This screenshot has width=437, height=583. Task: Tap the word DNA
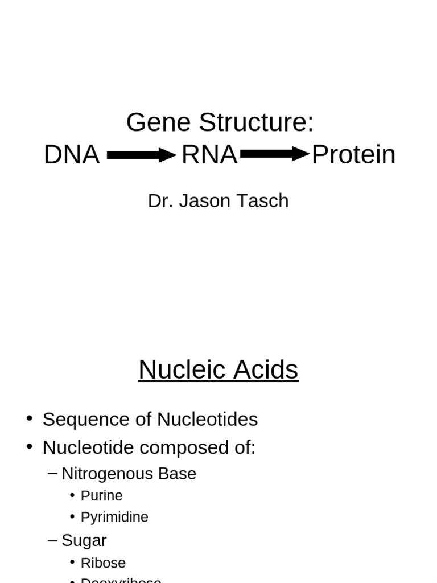(72, 155)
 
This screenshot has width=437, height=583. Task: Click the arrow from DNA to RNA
(141, 155)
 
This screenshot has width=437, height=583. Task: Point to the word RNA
(209, 155)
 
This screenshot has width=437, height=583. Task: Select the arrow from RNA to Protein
(274, 154)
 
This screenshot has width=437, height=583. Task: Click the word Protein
(353, 155)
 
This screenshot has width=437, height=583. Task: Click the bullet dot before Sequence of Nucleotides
(30, 418)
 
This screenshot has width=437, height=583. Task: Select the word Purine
(102, 496)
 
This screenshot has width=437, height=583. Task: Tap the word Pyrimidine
(114, 517)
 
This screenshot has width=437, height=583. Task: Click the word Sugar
(84, 540)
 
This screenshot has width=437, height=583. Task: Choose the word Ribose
(103, 563)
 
